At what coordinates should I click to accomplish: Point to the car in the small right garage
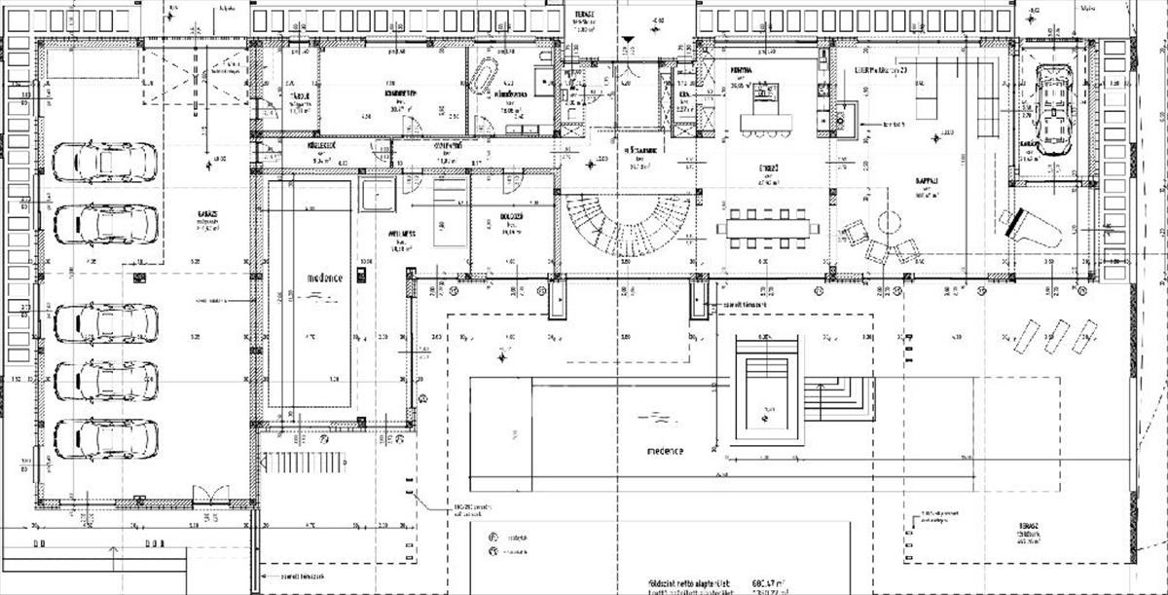click(1052, 109)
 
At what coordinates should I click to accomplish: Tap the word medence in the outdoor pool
click(666, 451)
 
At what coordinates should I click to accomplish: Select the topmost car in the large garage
click(104, 163)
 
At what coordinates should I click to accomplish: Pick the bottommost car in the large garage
click(105, 438)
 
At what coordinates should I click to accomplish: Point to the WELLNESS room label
click(402, 235)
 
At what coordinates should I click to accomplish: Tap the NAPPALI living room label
click(926, 181)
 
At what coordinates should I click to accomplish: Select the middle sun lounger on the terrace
click(1056, 337)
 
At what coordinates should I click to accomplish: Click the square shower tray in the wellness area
click(376, 194)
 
